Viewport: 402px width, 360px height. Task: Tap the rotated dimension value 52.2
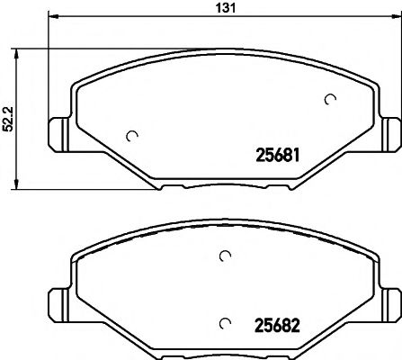click(8, 118)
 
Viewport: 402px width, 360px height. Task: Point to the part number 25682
click(272, 322)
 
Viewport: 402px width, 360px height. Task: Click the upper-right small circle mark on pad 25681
click(330, 99)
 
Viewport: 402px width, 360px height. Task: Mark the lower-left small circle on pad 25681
click(133, 137)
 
